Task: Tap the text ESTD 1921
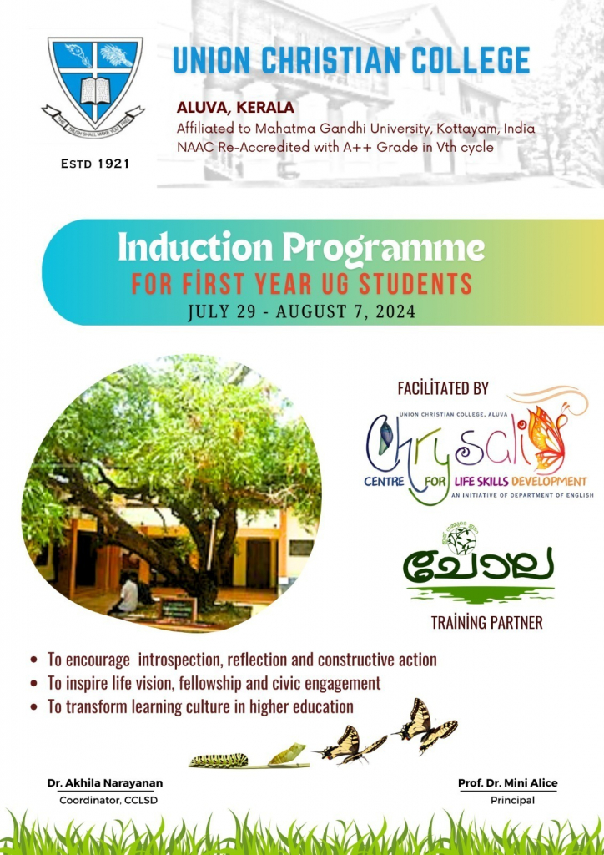pyautogui.click(x=95, y=164)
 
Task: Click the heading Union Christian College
pyautogui.click(x=350, y=61)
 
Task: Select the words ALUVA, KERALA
pyautogui.click(x=235, y=109)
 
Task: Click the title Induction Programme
pyautogui.click(x=301, y=248)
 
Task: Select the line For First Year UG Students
pyautogui.click(x=302, y=283)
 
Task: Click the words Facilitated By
pyautogui.click(x=443, y=388)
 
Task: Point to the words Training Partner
pyautogui.click(x=475, y=622)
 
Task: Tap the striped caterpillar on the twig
pyautogui.click(x=219, y=760)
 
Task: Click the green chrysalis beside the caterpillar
pyautogui.click(x=286, y=754)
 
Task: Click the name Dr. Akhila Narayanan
pyautogui.click(x=105, y=783)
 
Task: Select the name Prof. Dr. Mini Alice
pyautogui.click(x=507, y=783)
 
